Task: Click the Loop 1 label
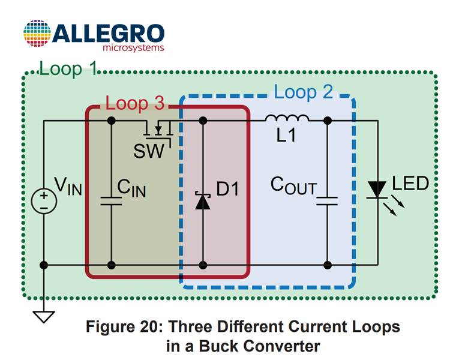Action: [x=68, y=69]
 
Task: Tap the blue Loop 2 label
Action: [x=304, y=92]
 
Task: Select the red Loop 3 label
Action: [x=135, y=103]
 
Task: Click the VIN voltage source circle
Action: [x=44, y=201]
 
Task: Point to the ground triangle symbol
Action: [x=44, y=317]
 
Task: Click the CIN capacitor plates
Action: [x=111, y=201]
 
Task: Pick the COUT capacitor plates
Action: [x=327, y=201]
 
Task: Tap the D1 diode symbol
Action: [x=203, y=200]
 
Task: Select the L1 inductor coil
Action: [x=287, y=118]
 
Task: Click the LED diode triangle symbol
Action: [x=377, y=190]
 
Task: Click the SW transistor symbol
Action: [x=158, y=133]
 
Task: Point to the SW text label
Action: [x=149, y=151]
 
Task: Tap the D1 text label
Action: [x=227, y=189]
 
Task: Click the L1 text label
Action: [x=286, y=135]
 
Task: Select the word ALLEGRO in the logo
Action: [x=108, y=34]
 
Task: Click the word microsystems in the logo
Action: [x=133, y=47]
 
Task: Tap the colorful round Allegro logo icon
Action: [x=37, y=34]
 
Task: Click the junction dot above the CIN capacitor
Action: [x=112, y=121]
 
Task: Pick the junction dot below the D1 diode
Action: [x=203, y=265]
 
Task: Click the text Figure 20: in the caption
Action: [x=125, y=326]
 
